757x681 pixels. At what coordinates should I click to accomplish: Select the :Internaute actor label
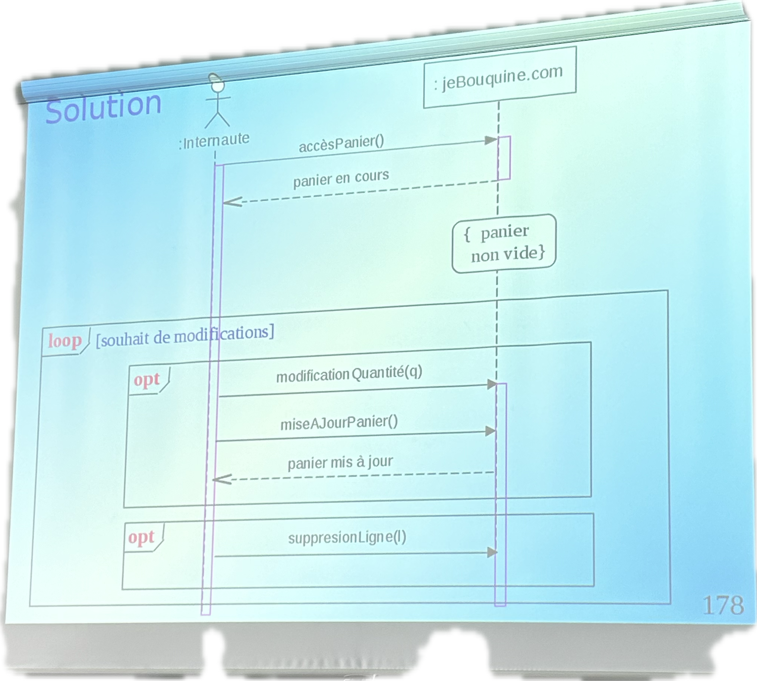coord(214,141)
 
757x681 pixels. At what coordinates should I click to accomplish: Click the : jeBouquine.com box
coord(499,78)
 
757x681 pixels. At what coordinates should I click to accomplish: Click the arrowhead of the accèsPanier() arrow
coord(491,140)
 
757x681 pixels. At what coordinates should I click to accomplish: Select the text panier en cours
coord(341,178)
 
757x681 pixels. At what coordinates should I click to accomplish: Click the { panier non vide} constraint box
coord(504,243)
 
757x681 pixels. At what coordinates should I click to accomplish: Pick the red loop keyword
coord(65,341)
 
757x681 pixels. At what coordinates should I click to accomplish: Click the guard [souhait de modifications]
coord(185,335)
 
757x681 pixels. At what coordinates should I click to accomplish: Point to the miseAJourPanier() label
coord(339,423)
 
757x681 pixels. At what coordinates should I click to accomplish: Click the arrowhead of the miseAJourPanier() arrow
coord(490,431)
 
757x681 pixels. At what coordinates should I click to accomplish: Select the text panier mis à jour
coord(340,463)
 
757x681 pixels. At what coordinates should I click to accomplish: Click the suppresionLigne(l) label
coord(347,538)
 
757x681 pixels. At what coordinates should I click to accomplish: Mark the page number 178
coord(723,605)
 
